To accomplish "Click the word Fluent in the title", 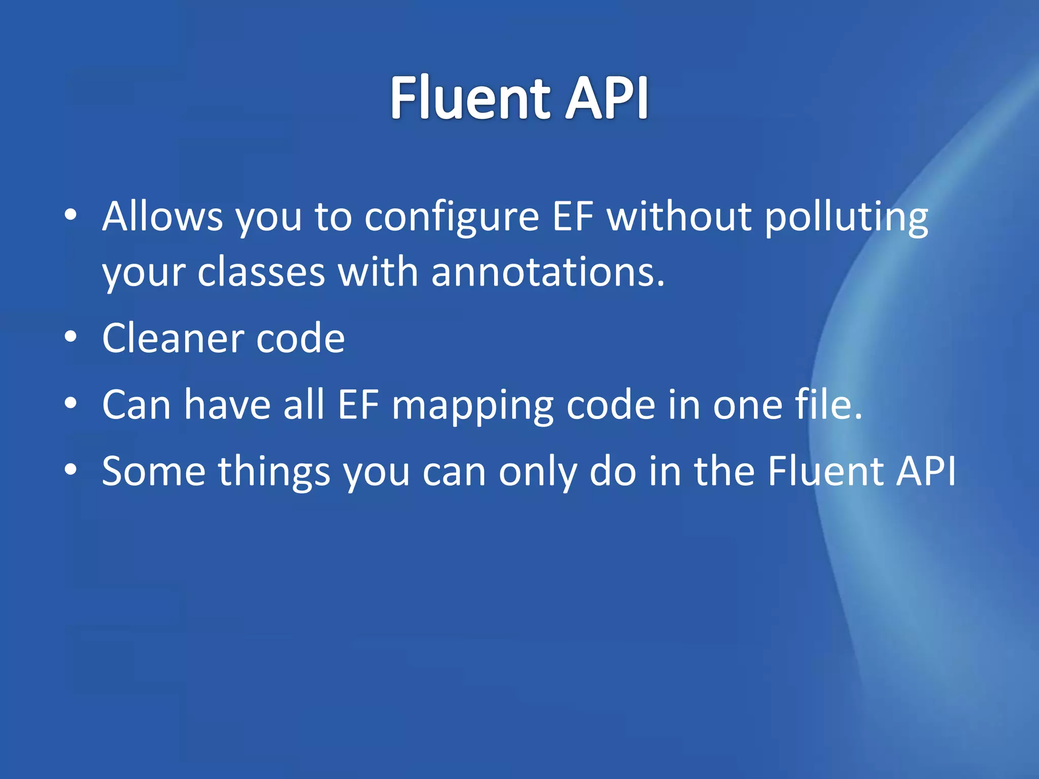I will [x=470, y=97].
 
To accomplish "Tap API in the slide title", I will [x=607, y=97].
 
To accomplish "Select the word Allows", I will [x=162, y=217].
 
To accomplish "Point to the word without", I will [x=679, y=217].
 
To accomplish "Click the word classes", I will [x=261, y=273].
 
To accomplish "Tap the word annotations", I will [x=548, y=273].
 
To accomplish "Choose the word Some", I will [x=153, y=471].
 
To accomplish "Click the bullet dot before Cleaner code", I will [x=71, y=336].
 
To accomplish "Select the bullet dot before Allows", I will [x=71, y=215].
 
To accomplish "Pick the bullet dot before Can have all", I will [x=71, y=403].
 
